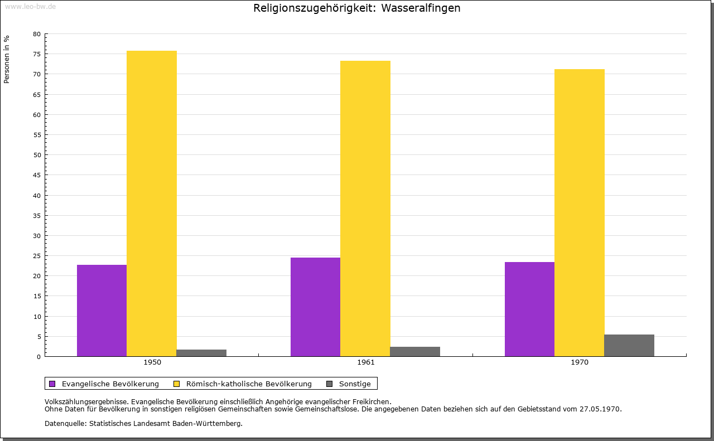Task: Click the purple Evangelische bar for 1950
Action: click(x=102, y=311)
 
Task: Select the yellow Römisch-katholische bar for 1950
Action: click(x=152, y=203)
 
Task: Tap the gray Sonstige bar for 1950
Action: click(x=201, y=353)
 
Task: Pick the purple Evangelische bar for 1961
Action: click(x=315, y=307)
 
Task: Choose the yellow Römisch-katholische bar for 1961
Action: click(x=365, y=209)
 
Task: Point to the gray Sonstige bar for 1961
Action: click(x=415, y=352)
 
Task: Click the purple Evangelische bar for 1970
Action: click(x=529, y=309)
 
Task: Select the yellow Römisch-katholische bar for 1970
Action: click(x=579, y=212)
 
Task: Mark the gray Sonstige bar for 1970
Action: click(x=629, y=346)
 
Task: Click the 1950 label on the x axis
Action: click(x=152, y=362)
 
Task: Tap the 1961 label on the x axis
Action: click(x=366, y=362)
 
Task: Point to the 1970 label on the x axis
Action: click(x=580, y=362)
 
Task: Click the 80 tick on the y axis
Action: click(x=37, y=34)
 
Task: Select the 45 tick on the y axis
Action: click(x=37, y=175)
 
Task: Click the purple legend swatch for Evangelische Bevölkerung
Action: click(x=52, y=384)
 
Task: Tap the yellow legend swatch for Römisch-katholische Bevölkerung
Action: click(x=177, y=384)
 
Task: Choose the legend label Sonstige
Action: click(x=355, y=384)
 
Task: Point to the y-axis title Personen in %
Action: click(x=7, y=59)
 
